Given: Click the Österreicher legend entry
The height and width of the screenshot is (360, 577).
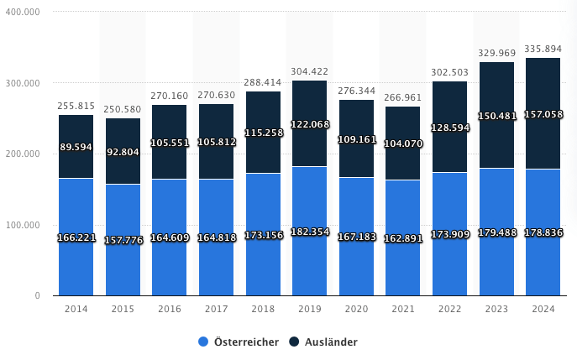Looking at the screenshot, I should (239, 342).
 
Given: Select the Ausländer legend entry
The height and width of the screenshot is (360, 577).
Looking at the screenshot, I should (323, 342).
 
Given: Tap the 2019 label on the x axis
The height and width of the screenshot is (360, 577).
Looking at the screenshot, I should (309, 309).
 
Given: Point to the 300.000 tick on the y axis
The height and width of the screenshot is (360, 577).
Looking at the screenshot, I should (23, 83).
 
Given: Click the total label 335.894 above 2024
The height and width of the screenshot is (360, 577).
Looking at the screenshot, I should (542, 49).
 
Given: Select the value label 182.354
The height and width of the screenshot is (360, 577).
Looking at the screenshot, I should (309, 232).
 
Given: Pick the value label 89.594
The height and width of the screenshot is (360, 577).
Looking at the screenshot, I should (76, 147).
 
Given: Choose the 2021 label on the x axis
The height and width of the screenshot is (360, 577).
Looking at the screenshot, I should (402, 309).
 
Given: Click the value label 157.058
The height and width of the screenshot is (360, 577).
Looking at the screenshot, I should (542, 114).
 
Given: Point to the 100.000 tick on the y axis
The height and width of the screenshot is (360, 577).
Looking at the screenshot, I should (23, 225).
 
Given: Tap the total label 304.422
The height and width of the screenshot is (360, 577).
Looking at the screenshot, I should (309, 71).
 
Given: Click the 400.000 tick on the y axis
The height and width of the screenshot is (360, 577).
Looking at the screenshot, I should (23, 13).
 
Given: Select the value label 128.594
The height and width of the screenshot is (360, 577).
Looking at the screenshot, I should (449, 128).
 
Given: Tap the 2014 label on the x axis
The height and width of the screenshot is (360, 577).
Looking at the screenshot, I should (76, 309).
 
